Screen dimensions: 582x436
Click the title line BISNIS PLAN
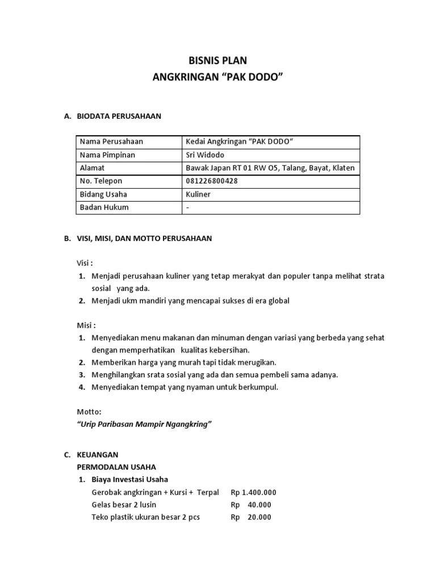pos(217,61)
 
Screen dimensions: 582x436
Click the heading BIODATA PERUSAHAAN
pos(119,117)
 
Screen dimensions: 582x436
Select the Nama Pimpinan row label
pos(107,155)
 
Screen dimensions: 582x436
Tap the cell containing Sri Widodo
pos(205,155)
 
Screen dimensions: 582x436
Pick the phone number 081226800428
pos(212,181)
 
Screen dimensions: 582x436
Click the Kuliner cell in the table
pos(198,194)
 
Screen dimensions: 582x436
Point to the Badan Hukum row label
pos(104,207)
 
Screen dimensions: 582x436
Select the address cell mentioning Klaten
pos(270,168)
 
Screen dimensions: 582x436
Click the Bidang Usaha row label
pos(103,194)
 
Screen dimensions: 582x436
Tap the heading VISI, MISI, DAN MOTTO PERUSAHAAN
pos(144,239)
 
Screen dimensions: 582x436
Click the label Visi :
pos(85,263)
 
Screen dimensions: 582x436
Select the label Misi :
pos(86,325)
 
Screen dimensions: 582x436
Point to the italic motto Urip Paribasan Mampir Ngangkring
pos(144,424)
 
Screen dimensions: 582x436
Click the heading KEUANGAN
pos(98,455)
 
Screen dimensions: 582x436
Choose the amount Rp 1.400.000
pos(253,492)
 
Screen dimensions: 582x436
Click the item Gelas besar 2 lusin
pos(124,505)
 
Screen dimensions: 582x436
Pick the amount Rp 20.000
pos(251,517)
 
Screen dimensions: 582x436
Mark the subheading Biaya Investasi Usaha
pos(129,480)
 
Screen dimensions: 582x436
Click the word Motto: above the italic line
pos(89,411)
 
